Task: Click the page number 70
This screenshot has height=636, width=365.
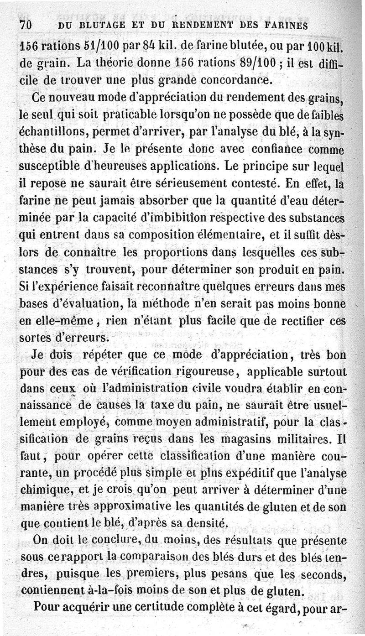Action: (25, 26)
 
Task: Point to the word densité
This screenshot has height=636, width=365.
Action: (203, 523)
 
